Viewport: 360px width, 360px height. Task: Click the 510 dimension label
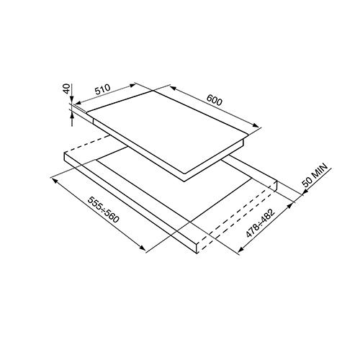(x=103, y=89)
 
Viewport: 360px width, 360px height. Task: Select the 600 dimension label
(x=215, y=100)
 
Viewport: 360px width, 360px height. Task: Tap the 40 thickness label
(x=67, y=89)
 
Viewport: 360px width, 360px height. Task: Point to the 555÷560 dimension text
(x=103, y=210)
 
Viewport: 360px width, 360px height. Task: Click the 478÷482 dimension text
(x=260, y=223)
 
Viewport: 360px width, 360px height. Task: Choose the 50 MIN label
(x=315, y=175)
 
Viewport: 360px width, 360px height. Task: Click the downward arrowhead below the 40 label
(x=72, y=101)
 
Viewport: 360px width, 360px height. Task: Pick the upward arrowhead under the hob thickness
(x=72, y=117)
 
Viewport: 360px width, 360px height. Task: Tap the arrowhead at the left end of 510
(x=78, y=103)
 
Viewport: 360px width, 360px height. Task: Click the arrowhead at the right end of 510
(x=132, y=85)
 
